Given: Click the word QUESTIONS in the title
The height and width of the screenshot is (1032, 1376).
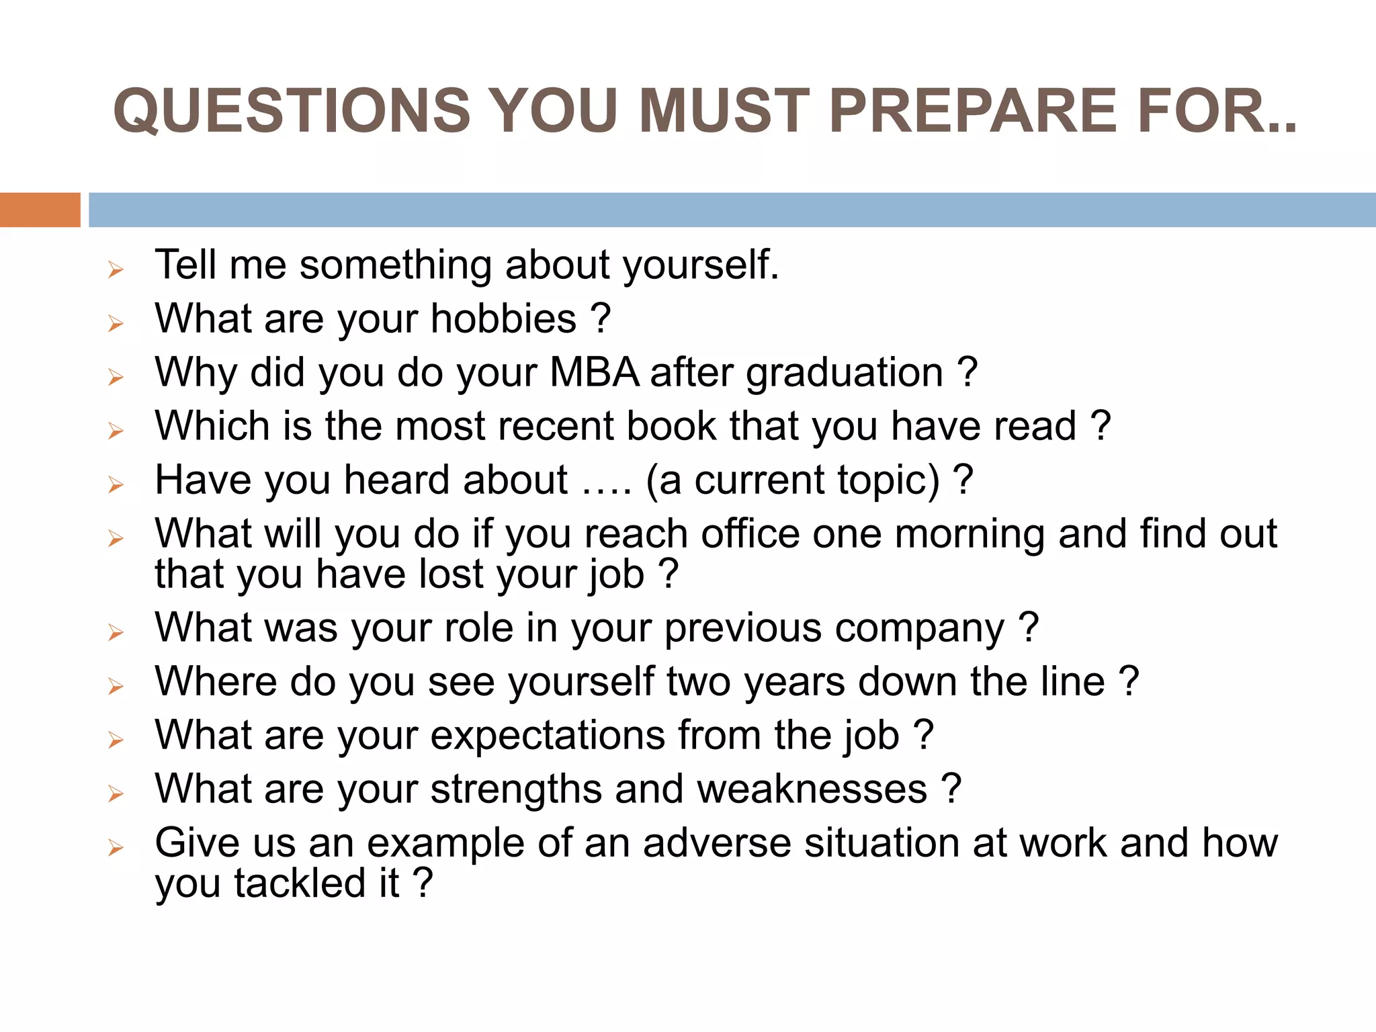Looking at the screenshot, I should point(292,111).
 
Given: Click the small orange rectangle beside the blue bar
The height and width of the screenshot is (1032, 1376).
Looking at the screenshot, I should point(40,210).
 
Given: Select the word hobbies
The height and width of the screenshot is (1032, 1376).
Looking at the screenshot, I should point(503,318).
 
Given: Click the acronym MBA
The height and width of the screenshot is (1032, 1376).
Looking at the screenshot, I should point(594,372).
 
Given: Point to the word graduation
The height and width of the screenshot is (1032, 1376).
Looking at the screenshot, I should point(845,374).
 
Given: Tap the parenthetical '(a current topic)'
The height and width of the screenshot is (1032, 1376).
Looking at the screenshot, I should point(793,481).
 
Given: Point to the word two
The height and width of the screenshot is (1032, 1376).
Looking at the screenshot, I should point(699,682).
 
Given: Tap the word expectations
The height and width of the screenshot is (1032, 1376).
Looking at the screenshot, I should point(548,736).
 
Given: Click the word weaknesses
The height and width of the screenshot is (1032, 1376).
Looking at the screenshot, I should point(812,789).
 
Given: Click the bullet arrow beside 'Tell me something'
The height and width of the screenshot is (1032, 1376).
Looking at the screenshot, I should point(116,270).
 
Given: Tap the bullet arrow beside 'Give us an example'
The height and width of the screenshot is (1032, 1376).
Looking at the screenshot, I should point(116,848).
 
